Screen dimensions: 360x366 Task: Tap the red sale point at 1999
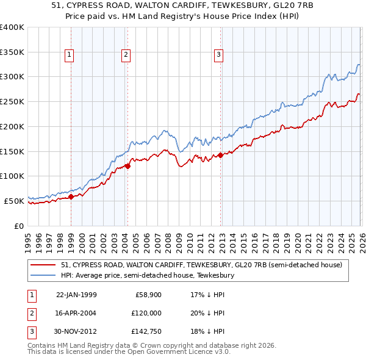[71, 196]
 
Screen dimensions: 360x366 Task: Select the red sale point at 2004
[127, 165]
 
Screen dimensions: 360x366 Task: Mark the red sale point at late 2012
[221, 154]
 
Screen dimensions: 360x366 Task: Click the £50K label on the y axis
[13, 201]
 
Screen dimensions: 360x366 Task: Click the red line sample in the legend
[43, 265]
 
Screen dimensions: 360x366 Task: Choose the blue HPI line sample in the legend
[43, 276]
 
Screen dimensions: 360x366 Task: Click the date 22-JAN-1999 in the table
[76, 295]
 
